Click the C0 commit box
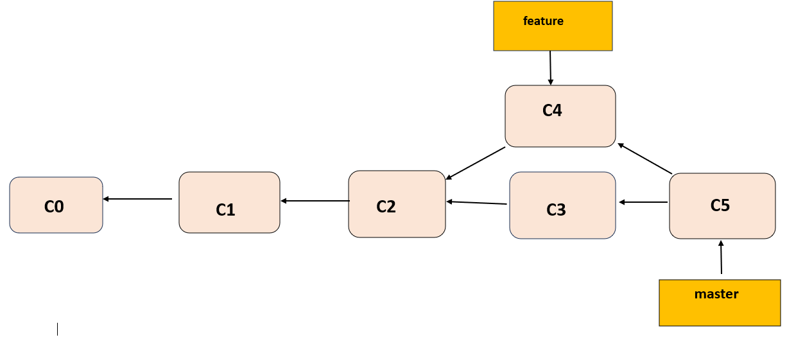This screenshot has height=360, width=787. pos(56,205)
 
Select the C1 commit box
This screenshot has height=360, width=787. pos(229,202)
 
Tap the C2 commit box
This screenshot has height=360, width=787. pos(397,204)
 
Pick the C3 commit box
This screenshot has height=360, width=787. pos(562,205)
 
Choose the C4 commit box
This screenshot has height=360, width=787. pos(560,116)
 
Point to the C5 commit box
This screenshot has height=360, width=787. pos(722,206)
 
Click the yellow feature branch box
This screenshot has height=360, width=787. pos(553,26)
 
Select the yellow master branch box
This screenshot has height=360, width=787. pos(720,303)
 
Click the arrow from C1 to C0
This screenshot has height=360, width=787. pos(137,199)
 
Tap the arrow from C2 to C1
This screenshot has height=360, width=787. pos(315,201)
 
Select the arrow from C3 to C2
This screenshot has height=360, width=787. pos(477,203)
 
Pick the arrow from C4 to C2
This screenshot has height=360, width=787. pos(476,163)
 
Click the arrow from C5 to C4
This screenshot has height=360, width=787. pos(644,159)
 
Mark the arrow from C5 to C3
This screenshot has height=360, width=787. pos(643,202)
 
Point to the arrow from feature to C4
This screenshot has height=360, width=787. pos(551,67)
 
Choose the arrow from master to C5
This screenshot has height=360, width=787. pos(721,257)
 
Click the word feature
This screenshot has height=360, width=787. pos(543,21)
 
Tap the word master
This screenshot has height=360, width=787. pos(716,295)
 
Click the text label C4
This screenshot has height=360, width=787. pos(552,110)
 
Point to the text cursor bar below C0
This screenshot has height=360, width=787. pos(57,329)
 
